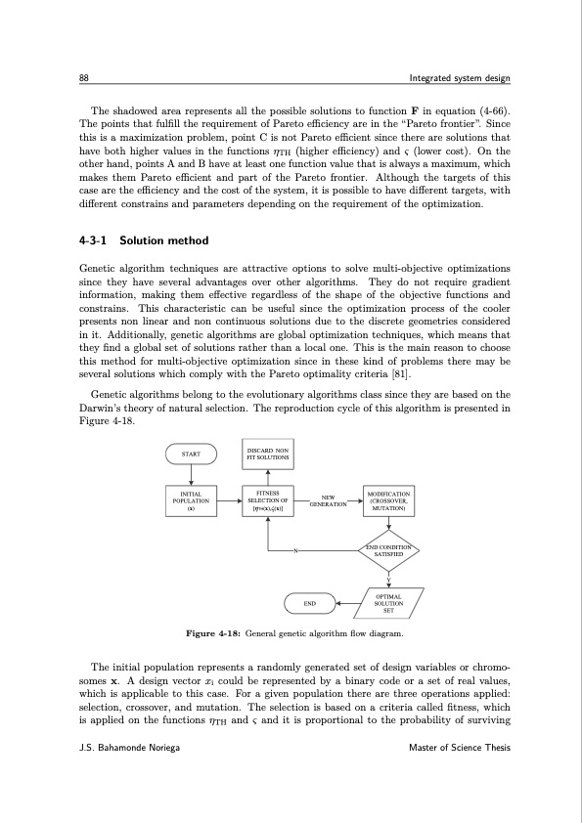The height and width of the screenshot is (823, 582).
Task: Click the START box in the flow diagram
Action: coord(192,455)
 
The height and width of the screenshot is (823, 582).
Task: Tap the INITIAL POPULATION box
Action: coord(192,501)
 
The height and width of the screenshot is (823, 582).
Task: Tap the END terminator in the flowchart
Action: coord(309,604)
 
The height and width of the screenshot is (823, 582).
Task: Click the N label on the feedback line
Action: coord(294,550)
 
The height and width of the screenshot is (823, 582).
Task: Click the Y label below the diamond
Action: coord(388,576)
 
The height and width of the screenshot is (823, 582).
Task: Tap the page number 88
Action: coord(85,78)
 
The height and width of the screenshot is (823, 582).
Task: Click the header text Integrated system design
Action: coord(459,78)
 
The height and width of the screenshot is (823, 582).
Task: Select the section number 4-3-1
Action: coord(96,240)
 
